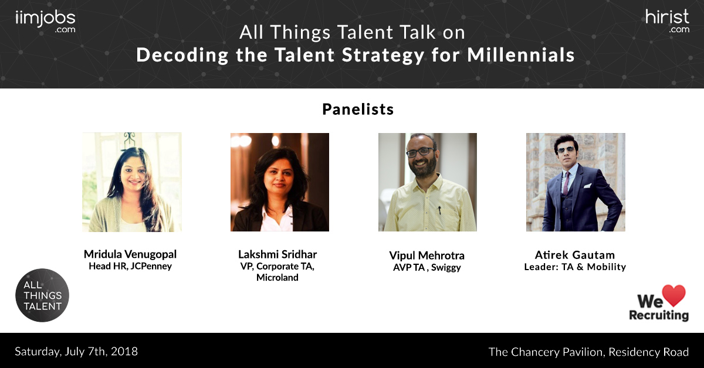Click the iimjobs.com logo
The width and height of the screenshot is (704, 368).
point(45,21)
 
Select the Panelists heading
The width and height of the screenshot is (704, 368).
point(358,110)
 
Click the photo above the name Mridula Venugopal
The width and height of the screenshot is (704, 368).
point(132,182)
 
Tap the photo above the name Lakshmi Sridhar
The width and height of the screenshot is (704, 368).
point(280,182)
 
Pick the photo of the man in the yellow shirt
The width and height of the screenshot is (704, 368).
point(427,182)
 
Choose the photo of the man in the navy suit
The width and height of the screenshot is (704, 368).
point(576,182)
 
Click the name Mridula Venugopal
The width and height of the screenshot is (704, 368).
point(130,254)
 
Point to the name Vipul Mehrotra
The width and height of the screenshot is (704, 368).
point(427,255)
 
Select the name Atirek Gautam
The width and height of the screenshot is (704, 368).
point(575,255)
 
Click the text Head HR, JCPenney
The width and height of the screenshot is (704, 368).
point(130,266)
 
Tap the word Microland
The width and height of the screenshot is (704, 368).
point(277,278)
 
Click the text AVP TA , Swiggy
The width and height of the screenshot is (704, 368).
point(427,267)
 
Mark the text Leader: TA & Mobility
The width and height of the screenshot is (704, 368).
point(575,267)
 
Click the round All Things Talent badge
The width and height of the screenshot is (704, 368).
point(42,295)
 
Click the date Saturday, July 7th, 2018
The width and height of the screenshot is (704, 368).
point(76,352)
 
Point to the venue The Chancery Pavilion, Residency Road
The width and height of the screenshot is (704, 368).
point(588,352)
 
